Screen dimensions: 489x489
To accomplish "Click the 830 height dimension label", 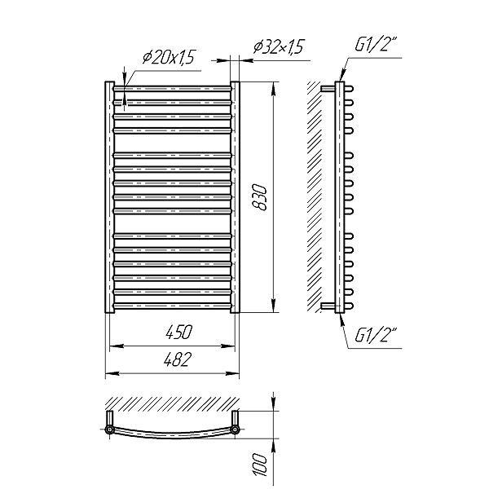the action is [x=260, y=197].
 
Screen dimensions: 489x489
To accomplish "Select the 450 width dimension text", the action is [x=179, y=332].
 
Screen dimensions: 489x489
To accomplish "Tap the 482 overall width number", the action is [x=177, y=359].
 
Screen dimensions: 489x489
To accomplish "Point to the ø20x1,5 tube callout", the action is [x=169, y=57].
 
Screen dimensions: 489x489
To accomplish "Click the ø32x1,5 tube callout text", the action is [x=279, y=46].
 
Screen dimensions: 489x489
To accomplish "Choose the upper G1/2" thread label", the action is [x=376, y=45].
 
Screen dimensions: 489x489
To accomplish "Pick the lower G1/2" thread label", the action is [x=376, y=335].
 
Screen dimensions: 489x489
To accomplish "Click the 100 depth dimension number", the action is [x=260, y=465].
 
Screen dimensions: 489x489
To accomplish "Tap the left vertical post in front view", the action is [x=110, y=197].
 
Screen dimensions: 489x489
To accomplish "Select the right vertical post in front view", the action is [x=236, y=197].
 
